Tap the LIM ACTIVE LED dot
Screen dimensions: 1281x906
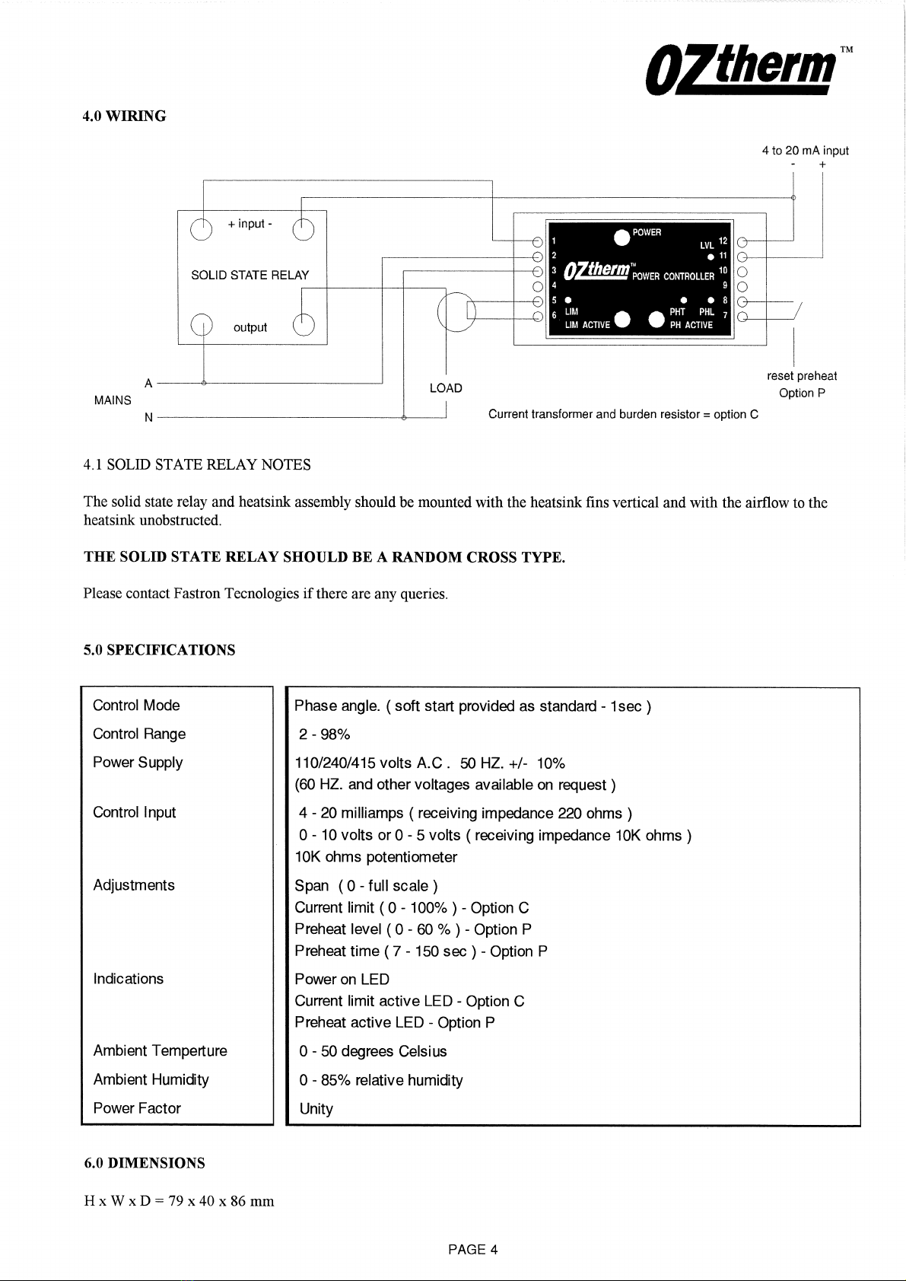622,320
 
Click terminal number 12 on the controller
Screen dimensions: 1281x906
723,241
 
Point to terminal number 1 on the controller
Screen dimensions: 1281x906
554,241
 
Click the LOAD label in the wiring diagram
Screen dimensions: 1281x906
446,388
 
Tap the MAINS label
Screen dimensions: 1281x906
113,400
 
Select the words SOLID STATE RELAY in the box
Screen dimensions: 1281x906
250,275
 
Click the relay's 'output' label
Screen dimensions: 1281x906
250,327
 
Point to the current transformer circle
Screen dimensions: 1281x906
456,312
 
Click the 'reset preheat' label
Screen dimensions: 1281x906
802,376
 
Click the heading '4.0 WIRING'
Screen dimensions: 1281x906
124,116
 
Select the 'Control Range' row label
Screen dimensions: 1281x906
139,734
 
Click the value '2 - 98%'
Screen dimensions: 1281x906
325,735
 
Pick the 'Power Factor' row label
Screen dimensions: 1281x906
137,1108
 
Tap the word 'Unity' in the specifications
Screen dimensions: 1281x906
316,1109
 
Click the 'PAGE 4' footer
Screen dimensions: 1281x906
472,1249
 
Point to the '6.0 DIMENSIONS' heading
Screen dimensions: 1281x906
145,1163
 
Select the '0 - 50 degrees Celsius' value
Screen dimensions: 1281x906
374,1051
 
